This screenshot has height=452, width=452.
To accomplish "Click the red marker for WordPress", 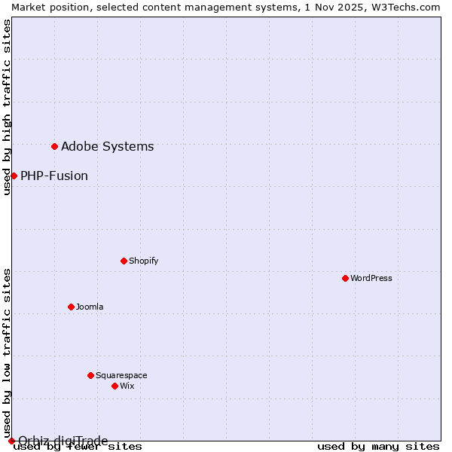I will coord(345,278).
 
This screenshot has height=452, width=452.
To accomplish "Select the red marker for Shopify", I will coord(124,261).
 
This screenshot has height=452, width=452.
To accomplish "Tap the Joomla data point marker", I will coord(71,307).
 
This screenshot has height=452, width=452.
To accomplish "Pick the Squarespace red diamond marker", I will coord(90,375).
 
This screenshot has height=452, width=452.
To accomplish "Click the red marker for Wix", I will coord(115,386).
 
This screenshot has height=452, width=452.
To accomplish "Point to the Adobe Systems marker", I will coord(54,146).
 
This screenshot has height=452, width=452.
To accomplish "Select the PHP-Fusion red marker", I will coord(14,176).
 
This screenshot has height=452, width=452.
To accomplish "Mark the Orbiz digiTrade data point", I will coord(11,441).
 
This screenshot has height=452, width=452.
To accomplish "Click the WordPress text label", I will coord(371,278).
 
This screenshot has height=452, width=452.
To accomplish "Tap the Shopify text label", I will coord(143,261).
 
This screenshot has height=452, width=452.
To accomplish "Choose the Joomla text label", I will coord(90,307).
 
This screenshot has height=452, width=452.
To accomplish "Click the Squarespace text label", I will coord(121,375).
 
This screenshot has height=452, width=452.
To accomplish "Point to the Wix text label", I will coord(127,386).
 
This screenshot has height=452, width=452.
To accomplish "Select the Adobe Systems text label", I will coord(107,146).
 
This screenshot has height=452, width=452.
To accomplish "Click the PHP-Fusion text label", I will coord(54,176).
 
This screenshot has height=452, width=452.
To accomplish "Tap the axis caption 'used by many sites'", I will coord(378,446).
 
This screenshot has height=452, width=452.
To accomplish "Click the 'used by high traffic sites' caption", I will coord(7,107).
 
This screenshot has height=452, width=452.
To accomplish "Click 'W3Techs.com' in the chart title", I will coord(406,7).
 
